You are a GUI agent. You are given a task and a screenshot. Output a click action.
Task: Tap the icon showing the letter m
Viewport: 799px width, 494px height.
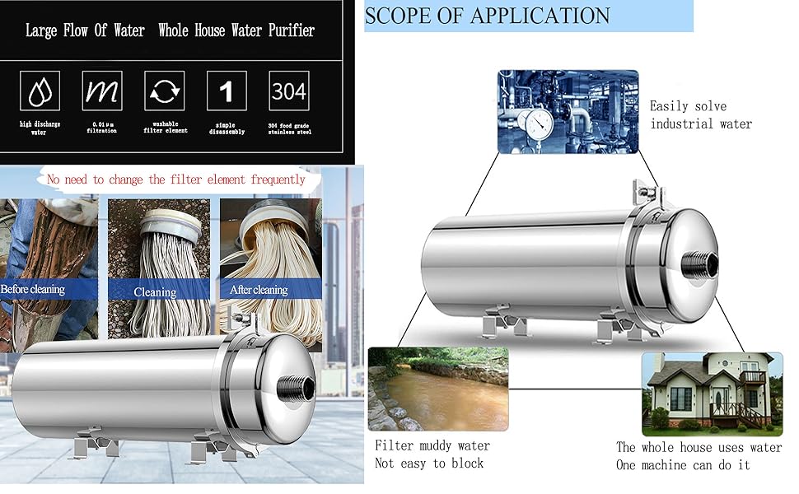click(x=101, y=91)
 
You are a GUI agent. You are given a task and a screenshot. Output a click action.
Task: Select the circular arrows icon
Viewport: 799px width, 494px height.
click(x=164, y=91)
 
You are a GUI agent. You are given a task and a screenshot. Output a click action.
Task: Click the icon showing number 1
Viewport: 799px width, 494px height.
click(x=226, y=91)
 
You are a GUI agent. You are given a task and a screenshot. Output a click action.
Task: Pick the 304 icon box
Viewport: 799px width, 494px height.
click(x=289, y=91)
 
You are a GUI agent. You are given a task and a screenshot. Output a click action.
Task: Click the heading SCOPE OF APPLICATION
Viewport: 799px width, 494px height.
click(x=487, y=16)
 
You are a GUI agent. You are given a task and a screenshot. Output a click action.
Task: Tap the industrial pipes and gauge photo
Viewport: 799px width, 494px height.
click(x=568, y=111)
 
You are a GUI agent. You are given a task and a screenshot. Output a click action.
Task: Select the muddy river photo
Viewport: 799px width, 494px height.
click(x=437, y=389)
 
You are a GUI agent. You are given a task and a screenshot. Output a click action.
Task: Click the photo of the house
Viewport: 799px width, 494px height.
click(x=712, y=394)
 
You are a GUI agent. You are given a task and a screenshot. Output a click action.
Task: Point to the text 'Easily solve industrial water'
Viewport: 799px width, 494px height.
click(x=700, y=114)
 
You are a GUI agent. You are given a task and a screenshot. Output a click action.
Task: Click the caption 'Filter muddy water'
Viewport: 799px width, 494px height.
click(x=432, y=445)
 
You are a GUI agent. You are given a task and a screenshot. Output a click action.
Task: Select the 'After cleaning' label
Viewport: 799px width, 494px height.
click(x=259, y=290)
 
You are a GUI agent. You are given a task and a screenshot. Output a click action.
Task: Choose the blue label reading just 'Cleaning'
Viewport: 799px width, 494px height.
click(x=155, y=291)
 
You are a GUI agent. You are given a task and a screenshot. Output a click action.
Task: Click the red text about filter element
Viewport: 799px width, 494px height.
click(x=176, y=179)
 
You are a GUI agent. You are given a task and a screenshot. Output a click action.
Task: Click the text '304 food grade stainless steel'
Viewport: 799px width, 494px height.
click(x=289, y=126)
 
